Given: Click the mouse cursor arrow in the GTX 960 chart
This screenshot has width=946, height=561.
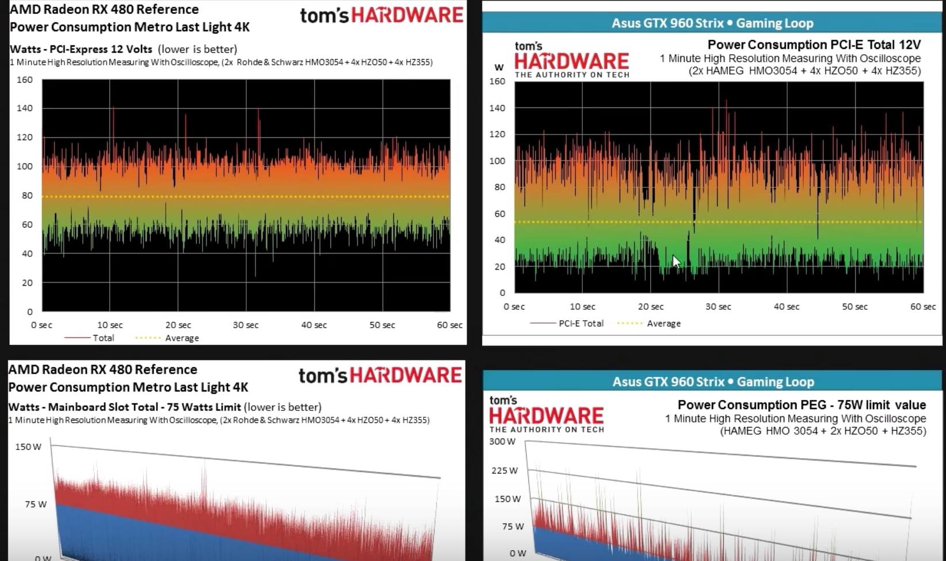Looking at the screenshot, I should pos(676,262).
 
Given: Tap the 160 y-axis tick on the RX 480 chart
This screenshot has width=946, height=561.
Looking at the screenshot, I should pos(25,80).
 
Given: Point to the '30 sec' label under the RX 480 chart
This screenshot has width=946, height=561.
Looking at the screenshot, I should pos(246,325).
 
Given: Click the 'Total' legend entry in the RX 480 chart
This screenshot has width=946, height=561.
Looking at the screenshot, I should pos(103,338).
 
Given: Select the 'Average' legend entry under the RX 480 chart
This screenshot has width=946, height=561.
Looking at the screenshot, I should pos(181,338).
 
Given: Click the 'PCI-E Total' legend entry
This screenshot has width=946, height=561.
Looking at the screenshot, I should pos(581,323).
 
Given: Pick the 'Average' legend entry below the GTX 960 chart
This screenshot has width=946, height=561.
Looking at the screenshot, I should pos(663,324).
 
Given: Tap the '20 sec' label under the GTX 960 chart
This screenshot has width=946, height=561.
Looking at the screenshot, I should pos(651,306).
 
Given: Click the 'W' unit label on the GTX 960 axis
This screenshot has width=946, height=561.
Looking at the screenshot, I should pos(499,67).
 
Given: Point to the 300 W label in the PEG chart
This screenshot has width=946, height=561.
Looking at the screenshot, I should pos(502,441).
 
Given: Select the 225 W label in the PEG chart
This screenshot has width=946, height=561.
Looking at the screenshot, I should pos(505,470).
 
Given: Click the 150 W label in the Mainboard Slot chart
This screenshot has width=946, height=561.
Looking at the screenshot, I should pos(28,447).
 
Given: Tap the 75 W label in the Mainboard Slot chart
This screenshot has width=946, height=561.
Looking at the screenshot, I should pos(35,504).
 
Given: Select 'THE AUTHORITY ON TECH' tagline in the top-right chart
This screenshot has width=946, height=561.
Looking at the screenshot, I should pos(572,75).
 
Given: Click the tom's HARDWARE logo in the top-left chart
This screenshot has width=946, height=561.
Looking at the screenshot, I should pos(382,15).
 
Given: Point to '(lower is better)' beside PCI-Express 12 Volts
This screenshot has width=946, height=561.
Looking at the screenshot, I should pos(197,49).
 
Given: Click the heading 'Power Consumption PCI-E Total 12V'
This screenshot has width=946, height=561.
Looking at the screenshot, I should pos(814,45).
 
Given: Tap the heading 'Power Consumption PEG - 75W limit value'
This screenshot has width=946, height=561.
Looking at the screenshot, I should pos(802,405).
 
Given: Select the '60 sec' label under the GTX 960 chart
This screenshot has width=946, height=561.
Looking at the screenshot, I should pos(922,306).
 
